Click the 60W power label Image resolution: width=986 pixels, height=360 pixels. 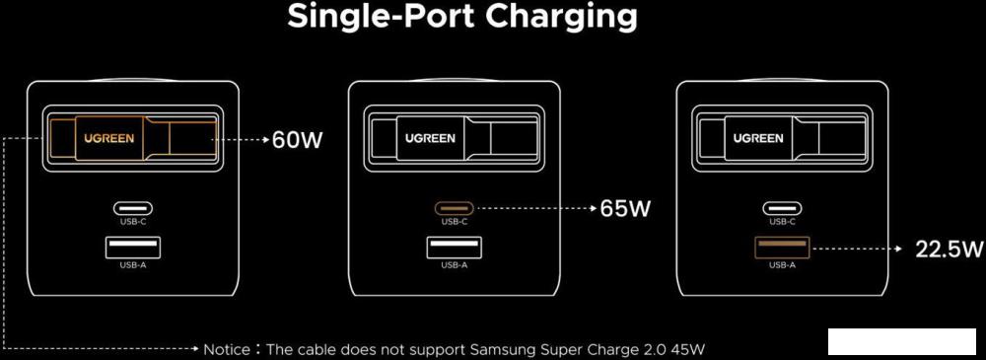point(297,140)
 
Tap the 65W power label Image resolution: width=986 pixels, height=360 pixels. point(625,209)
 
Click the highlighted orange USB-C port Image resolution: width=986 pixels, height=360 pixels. point(455,208)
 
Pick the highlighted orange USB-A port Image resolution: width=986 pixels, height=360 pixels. point(782,248)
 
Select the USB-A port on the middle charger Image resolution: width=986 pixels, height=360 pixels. point(455,248)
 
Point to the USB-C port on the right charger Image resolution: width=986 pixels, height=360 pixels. point(782,208)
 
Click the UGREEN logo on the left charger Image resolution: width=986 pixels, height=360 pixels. point(107,139)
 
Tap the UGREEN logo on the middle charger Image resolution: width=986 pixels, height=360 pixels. point(430,139)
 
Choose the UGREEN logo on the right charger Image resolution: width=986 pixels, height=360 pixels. point(758,139)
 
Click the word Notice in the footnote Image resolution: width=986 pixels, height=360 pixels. point(229,349)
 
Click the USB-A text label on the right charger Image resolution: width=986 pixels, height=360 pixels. point(782,264)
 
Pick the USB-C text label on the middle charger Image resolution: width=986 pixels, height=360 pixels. point(455,222)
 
